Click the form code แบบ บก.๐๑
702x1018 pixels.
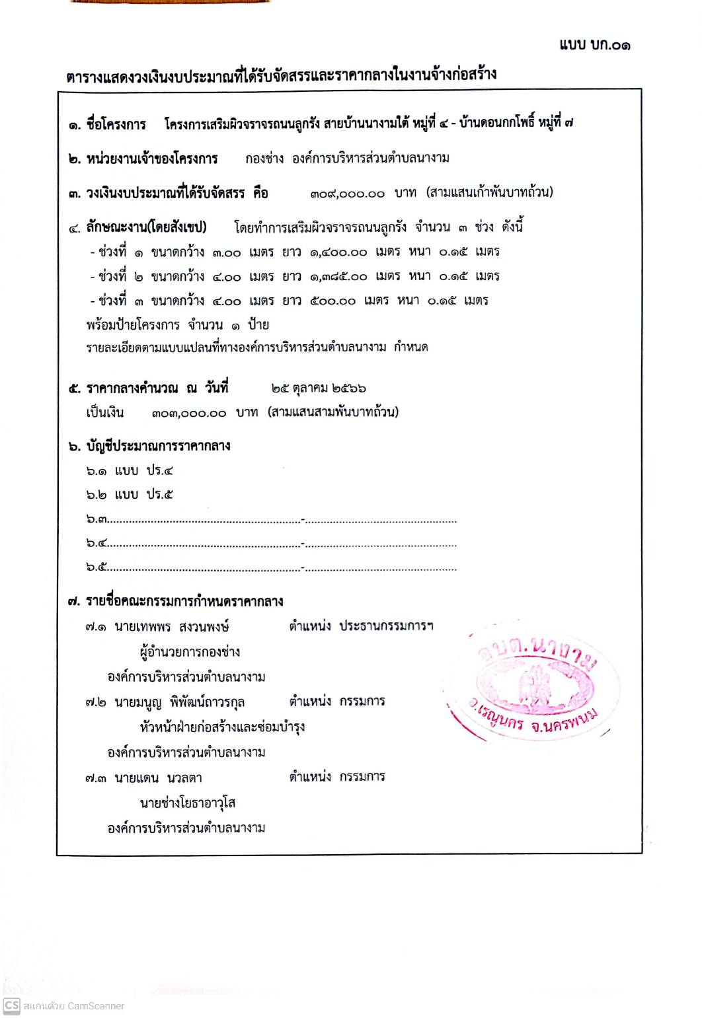click(594, 45)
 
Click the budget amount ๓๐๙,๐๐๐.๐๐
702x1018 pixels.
click(347, 194)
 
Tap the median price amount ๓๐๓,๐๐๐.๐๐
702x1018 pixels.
click(188, 413)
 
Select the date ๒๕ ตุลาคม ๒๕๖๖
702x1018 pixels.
click(318, 388)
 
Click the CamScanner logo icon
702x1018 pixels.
click(11, 1005)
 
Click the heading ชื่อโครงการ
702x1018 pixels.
click(116, 124)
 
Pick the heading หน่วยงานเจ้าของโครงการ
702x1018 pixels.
click(151, 159)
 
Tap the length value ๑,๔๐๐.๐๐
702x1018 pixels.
click(338, 252)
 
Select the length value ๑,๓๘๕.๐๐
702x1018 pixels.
click(338, 276)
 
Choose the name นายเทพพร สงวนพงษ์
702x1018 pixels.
click(171, 626)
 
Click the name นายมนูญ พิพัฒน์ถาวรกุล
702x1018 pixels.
click(179, 702)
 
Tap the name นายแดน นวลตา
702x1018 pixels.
click(158, 778)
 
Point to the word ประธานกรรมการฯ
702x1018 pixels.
click(386, 626)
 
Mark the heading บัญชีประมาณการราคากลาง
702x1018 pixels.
click(158, 446)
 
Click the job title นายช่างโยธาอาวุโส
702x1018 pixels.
click(188, 803)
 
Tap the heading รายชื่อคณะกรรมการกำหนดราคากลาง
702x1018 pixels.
click(184, 601)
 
